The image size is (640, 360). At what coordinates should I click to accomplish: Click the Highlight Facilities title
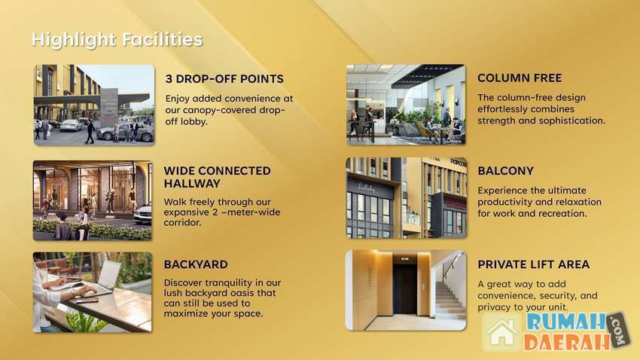click(117, 40)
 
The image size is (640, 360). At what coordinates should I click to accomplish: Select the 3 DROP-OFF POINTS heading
click(224, 79)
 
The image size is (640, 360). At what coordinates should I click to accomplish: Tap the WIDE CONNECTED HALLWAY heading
click(217, 177)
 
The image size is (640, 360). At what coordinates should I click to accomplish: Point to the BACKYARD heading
click(196, 264)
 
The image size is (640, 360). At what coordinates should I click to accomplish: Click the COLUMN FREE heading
click(520, 78)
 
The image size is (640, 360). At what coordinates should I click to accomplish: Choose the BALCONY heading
click(506, 171)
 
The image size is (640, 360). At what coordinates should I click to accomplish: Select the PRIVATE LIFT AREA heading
click(534, 264)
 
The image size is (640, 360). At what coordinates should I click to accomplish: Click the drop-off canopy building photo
click(94, 105)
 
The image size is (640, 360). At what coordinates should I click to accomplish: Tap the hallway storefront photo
click(93, 200)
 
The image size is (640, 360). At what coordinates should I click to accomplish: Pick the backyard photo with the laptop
click(93, 291)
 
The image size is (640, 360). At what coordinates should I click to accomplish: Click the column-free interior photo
click(406, 105)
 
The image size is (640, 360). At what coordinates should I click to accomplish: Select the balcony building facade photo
click(407, 198)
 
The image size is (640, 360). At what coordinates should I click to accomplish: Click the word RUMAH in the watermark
click(566, 322)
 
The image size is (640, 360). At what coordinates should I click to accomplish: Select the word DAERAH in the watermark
click(568, 342)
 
